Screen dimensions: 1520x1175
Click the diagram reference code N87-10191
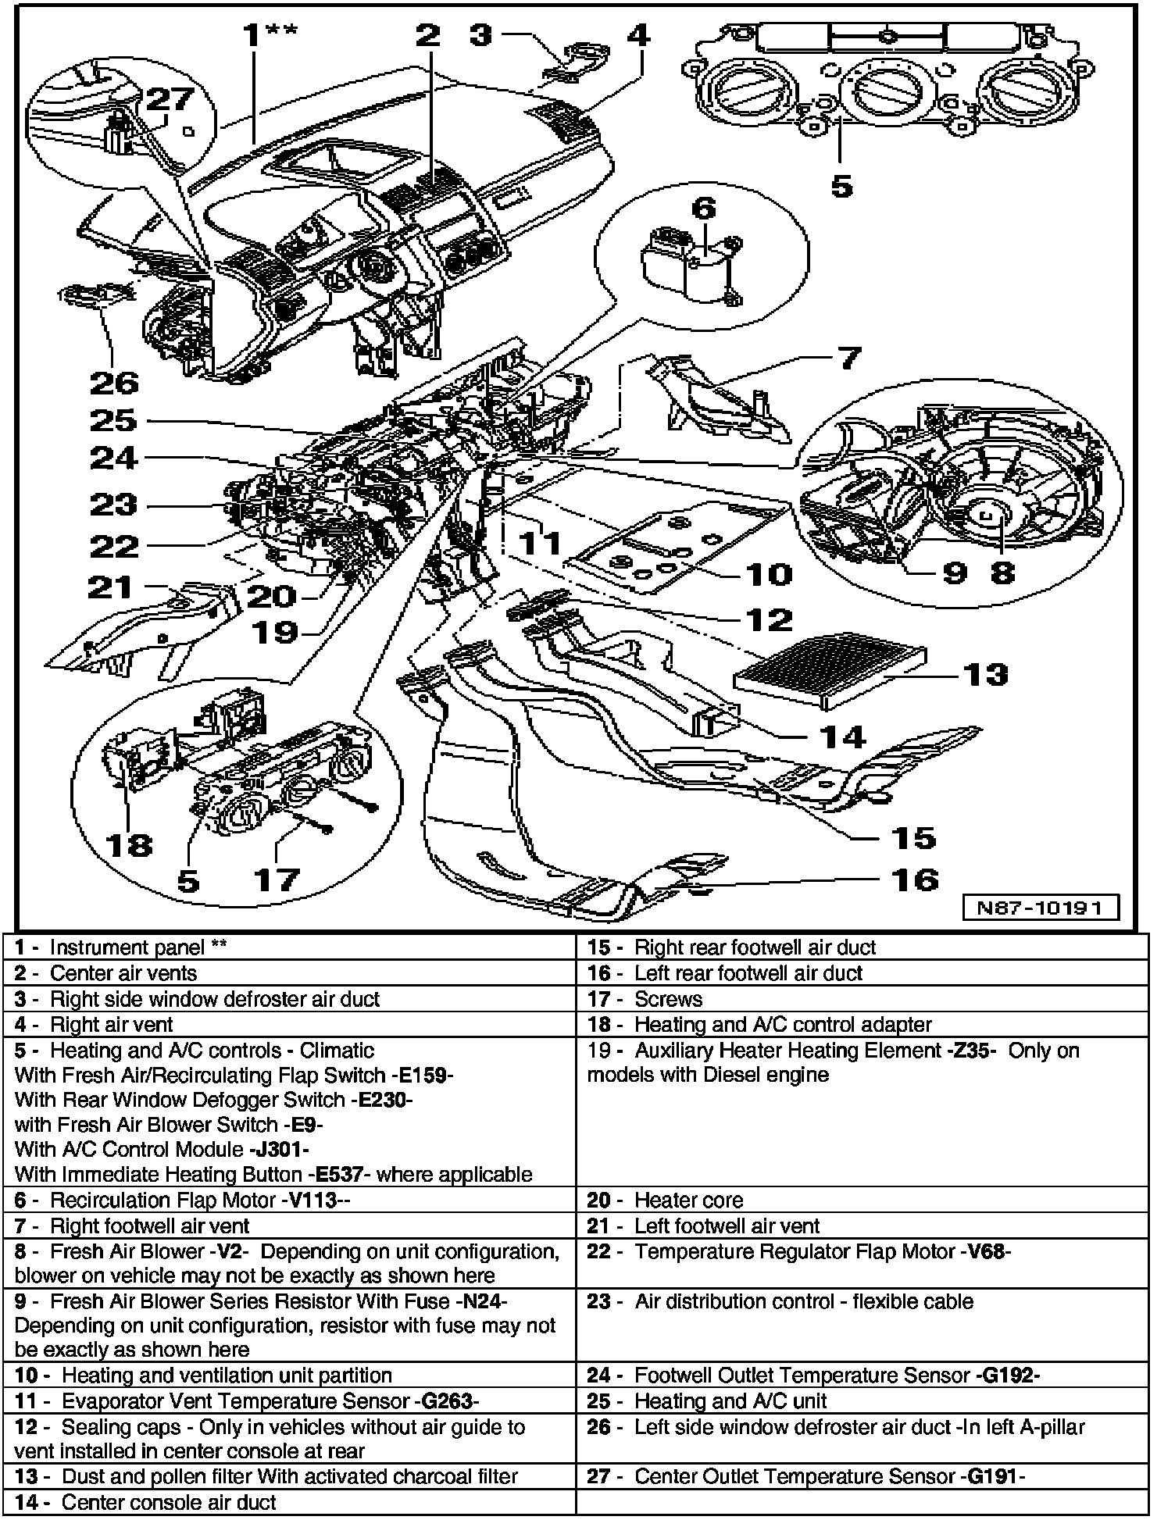tap(1046, 908)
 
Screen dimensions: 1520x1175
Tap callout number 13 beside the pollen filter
tap(985, 673)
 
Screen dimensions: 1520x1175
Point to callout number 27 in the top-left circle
tap(170, 99)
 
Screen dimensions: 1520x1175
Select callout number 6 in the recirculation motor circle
tap(703, 209)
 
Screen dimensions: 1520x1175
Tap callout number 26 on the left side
tap(114, 382)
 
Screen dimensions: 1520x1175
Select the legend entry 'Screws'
tap(668, 998)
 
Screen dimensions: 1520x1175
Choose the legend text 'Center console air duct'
tap(168, 1502)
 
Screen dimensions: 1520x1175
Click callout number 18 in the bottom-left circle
tap(129, 844)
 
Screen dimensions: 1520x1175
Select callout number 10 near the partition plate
tap(769, 574)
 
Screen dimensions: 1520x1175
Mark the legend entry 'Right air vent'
tap(111, 1024)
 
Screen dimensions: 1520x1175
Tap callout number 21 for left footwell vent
tap(110, 587)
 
